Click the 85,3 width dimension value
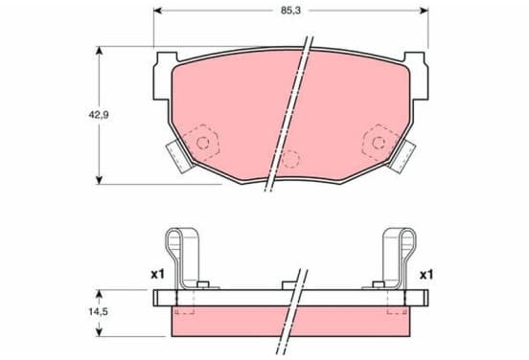[x=290, y=11]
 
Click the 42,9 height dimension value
[x=99, y=115]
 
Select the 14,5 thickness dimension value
[x=98, y=312]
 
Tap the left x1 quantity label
[x=157, y=275]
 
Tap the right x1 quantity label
[x=426, y=275]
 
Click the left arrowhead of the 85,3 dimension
[x=157, y=11]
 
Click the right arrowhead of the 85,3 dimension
[x=425, y=11]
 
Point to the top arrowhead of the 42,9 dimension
[x=99, y=51]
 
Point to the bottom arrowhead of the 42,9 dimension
[x=99, y=180]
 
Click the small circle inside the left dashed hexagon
[x=203, y=143]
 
